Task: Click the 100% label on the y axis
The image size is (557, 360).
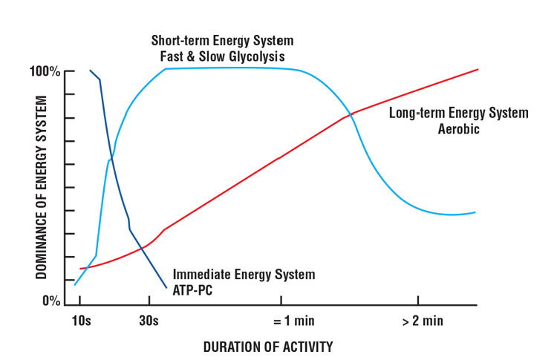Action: point(45,72)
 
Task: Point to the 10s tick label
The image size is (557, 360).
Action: point(82,321)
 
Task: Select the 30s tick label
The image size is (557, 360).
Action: point(149,321)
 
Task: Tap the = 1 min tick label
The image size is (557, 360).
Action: point(281,321)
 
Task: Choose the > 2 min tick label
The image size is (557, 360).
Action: point(423,321)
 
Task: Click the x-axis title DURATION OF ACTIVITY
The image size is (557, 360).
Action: point(268,347)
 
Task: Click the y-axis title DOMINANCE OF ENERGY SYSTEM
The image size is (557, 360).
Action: point(42,186)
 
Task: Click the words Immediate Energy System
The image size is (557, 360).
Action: point(244,275)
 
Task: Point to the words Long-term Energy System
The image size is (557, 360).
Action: point(458,114)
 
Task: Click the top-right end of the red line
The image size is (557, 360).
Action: point(478,69)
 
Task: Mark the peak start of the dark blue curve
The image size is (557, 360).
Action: point(91,71)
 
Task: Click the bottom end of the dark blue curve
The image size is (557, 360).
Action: point(166,287)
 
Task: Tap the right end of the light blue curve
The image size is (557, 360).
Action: point(475,212)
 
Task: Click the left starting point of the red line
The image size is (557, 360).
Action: point(80,269)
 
